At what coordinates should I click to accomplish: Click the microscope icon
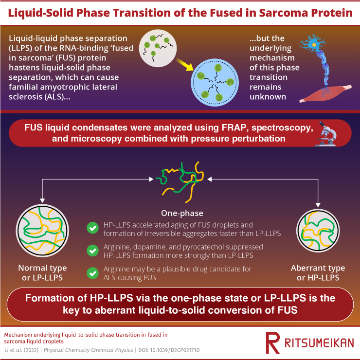(x=326, y=134)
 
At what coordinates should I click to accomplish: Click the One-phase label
(x=182, y=213)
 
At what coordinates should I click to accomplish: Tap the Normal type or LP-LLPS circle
(x=42, y=231)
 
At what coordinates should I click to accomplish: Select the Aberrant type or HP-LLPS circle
(x=318, y=231)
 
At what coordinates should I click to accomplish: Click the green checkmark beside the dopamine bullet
(x=93, y=251)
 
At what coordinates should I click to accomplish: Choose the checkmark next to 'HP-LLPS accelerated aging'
(x=93, y=228)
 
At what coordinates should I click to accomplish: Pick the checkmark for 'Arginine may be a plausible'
(x=93, y=273)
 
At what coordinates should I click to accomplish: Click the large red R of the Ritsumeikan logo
(x=273, y=342)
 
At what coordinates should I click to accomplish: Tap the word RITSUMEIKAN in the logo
(x=319, y=343)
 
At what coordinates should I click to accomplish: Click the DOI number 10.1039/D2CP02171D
(x=175, y=350)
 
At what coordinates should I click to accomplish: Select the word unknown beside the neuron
(x=268, y=97)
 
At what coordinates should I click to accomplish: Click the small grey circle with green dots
(x=158, y=48)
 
